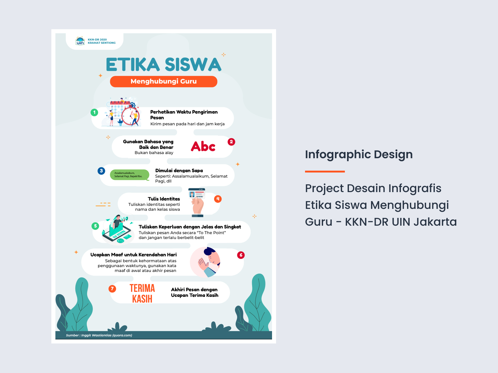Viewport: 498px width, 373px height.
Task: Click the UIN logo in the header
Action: tap(80, 41)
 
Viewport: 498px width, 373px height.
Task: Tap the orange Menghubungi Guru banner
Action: tap(163, 81)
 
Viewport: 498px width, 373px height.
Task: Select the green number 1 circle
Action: tap(94, 112)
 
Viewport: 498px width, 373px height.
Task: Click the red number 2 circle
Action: tap(231, 142)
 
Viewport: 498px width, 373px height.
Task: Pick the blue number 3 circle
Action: tap(101, 171)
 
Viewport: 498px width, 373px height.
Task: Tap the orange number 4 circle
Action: tap(218, 199)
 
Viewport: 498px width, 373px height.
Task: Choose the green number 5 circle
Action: tap(96, 226)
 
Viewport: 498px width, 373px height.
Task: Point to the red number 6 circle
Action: tap(241, 255)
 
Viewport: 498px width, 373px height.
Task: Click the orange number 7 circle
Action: tap(112, 289)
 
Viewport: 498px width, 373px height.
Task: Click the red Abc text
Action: tap(203, 146)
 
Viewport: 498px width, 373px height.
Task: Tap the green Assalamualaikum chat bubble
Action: tap(129, 175)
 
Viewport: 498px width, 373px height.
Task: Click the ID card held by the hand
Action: tap(197, 194)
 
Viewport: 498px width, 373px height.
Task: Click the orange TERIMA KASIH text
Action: tap(142, 293)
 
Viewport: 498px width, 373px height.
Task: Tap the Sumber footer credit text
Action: tap(99, 335)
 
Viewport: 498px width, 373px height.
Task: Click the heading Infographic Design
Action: tap(359, 154)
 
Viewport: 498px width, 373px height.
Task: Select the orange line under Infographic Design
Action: tap(325, 171)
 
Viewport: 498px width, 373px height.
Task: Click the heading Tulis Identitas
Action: tap(164, 199)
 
